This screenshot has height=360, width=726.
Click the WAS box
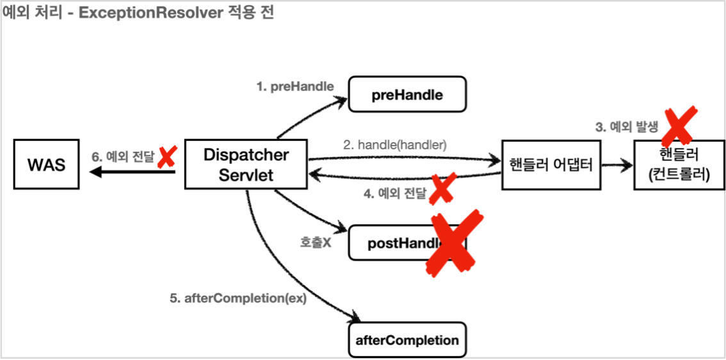click(47, 165)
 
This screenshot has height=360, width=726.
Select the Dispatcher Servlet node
click(246, 165)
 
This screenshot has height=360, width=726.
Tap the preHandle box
click(407, 95)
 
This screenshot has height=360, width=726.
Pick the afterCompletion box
click(407, 340)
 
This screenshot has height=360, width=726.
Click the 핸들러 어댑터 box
click(551, 165)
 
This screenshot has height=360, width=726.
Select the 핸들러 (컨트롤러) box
click(678, 165)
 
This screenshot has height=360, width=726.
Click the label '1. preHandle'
click(295, 86)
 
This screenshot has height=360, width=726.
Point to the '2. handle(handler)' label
click(394, 145)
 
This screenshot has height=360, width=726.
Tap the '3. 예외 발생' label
click(626, 127)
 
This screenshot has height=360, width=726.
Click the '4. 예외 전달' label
click(394, 193)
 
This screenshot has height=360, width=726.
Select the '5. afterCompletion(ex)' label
click(238, 298)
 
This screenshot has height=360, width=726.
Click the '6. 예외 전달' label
click(123, 155)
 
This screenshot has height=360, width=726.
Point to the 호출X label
click(315, 243)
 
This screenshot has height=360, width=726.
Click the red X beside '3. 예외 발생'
click(678, 125)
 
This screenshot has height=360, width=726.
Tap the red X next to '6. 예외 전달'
click(167, 156)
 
